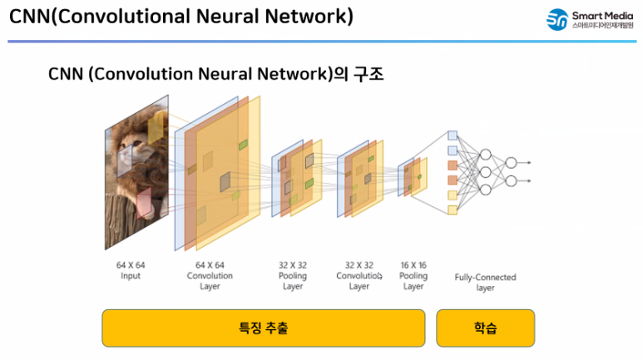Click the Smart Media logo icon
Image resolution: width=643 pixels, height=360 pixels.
click(556, 20)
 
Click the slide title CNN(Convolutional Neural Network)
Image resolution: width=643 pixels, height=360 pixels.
click(181, 16)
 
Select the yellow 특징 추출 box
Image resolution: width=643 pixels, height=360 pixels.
click(263, 328)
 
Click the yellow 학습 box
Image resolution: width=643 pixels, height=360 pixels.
click(485, 328)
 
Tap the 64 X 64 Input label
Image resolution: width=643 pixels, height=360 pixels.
click(131, 270)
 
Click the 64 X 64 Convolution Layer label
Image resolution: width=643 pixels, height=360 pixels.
click(210, 275)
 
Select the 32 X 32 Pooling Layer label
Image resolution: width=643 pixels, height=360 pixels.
click(293, 275)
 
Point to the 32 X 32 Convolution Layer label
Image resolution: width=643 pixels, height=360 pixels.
click(359, 275)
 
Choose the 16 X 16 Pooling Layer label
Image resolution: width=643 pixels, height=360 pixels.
click(413, 275)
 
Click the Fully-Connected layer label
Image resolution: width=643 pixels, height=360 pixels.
click(485, 282)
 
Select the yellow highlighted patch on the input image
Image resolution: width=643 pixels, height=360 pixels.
click(156, 129)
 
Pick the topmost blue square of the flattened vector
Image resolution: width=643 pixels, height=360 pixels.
click(453, 135)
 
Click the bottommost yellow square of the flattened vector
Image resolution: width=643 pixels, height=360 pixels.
click(453, 210)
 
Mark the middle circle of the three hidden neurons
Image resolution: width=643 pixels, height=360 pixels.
click(486, 172)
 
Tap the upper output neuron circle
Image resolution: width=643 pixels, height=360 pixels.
click(511, 162)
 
